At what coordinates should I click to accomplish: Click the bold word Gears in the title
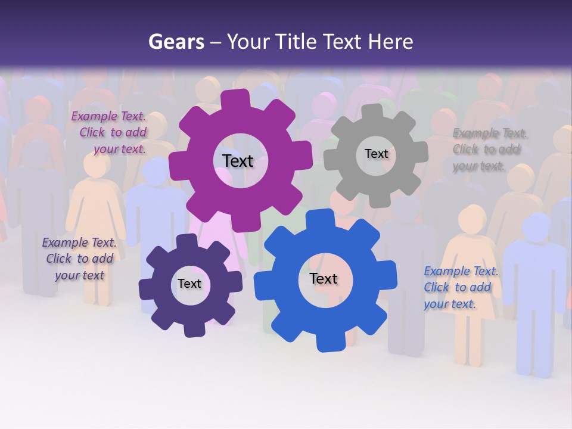click(176, 42)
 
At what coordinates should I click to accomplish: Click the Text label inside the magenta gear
click(238, 161)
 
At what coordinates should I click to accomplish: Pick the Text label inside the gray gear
click(376, 154)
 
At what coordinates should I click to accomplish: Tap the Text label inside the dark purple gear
click(189, 284)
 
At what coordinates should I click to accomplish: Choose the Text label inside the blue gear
click(323, 278)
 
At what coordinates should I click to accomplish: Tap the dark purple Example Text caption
click(79, 259)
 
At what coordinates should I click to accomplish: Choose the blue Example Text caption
click(460, 288)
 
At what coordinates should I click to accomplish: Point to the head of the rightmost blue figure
click(536, 226)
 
